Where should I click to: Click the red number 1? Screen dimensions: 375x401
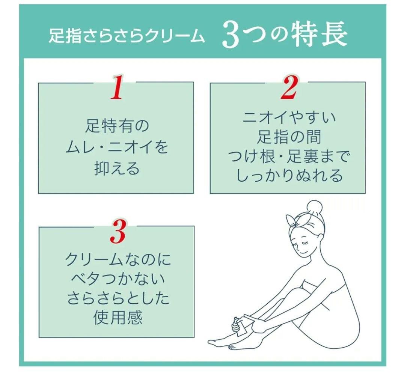(117, 88)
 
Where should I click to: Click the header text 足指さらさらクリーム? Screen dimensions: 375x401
(127, 37)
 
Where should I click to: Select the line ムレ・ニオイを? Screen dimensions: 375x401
(117, 147)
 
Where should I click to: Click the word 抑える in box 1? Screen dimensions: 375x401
(117, 169)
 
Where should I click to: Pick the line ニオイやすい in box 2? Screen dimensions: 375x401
(289, 118)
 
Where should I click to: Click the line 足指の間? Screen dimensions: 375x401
(289, 137)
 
